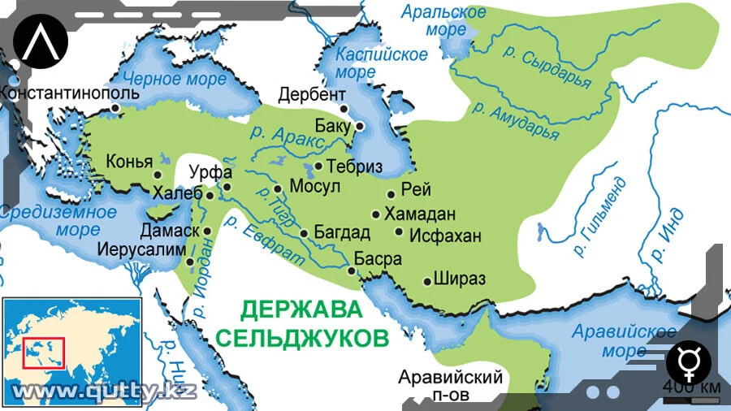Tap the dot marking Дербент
pyautogui.click(x=344, y=108)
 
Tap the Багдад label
pyautogui.click(x=342, y=233)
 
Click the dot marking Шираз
pyautogui.click(x=428, y=281)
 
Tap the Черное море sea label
pyautogui.click(x=163, y=78)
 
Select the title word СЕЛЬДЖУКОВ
pyautogui.click(x=303, y=337)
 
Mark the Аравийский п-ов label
pyautogui.click(x=451, y=385)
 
